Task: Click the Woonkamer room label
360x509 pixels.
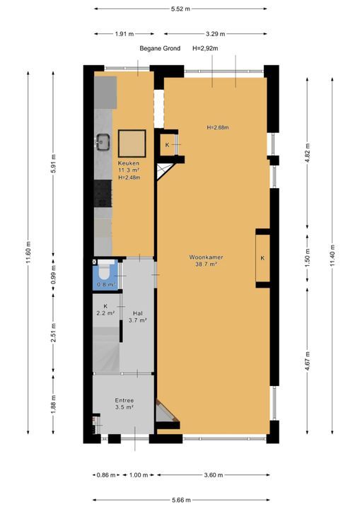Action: click(206, 257)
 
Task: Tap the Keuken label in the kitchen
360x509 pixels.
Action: click(129, 163)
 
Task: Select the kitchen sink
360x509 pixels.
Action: click(103, 142)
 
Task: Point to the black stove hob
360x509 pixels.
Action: click(103, 194)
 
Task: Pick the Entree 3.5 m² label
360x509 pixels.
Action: click(124, 404)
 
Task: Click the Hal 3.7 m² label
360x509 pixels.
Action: click(138, 317)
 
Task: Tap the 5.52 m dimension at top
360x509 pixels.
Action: click(180, 8)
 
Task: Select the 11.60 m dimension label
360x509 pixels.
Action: click(28, 252)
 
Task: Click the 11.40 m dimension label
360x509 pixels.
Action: click(332, 255)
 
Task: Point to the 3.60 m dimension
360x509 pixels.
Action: click(214, 475)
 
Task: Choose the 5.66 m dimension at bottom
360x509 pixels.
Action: click(181, 500)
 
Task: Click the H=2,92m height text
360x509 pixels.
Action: click(205, 48)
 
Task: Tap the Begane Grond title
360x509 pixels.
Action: click(160, 48)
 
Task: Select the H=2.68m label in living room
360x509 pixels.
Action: click(218, 127)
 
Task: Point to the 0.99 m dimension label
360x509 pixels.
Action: click(54, 274)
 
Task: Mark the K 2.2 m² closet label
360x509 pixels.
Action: click(105, 310)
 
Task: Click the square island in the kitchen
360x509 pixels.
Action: click(132, 144)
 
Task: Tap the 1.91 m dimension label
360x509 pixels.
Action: click(124, 34)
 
